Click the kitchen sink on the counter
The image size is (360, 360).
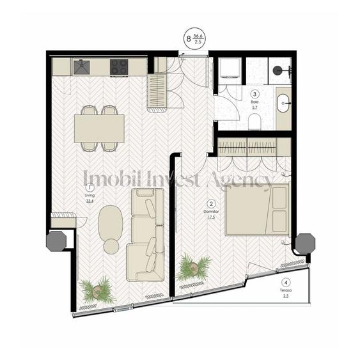coord(82,66)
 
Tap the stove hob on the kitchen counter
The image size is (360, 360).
coord(118,66)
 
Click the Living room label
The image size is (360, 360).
coord(89,194)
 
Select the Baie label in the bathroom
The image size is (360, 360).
coord(254,102)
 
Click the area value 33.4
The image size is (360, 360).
coord(90,201)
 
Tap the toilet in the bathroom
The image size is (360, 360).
coord(255,125)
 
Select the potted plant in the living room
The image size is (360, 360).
coord(97,290)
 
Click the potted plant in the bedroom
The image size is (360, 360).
coord(192,267)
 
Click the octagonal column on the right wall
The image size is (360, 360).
coord(304,242)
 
